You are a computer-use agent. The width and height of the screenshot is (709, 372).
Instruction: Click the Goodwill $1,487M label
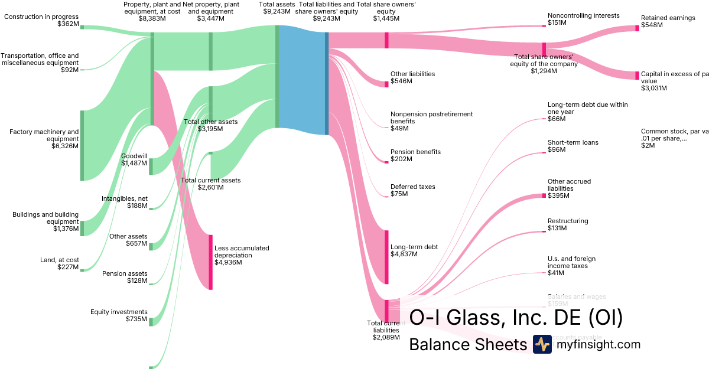pos(134,159)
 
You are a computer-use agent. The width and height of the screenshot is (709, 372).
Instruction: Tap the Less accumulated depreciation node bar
pos(210,262)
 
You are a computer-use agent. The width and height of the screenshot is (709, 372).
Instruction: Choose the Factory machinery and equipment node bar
pos(82,145)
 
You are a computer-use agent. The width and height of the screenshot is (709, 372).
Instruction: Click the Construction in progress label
pos(41,17)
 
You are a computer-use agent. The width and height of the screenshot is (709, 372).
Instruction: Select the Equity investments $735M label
pos(118,315)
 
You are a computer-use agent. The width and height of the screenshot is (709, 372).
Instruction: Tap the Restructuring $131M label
pos(568,224)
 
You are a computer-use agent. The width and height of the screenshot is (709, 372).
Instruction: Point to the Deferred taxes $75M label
pos(412,190)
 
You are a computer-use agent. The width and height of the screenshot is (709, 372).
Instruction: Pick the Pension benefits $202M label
pos(415,155)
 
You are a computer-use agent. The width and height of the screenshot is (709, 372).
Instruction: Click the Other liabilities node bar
pos(386,84)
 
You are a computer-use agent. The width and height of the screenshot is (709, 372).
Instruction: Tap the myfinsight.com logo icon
pos(542,344)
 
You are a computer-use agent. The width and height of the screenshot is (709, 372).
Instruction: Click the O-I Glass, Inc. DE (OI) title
pos(516,318)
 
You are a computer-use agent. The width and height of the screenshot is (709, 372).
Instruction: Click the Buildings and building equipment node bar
pos(82,228)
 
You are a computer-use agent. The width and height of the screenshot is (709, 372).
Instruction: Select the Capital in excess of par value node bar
pos(637,76)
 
